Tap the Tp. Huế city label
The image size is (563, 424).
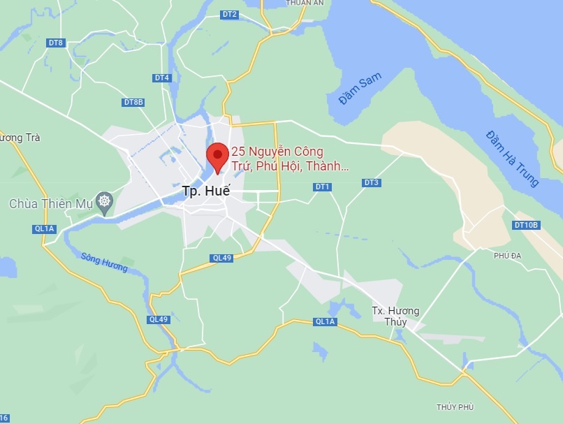(205, 191)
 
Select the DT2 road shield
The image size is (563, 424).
(229, 15)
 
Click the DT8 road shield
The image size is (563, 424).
(56, 43)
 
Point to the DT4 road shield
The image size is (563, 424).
(162, 78)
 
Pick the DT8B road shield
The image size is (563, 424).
(133, 102)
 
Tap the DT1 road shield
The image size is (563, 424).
(322, 187)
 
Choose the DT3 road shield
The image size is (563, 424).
(372, 183)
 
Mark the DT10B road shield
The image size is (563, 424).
(526, 225)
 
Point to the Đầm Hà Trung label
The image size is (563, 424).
(513, 159)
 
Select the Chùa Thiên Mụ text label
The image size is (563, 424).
(50, 204)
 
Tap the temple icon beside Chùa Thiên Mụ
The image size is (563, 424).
(105, 203)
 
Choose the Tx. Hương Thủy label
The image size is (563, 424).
(395, 316)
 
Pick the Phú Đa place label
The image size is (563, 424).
(508, 256)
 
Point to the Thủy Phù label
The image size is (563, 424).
(455, 407)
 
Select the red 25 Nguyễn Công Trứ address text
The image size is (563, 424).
(289, 159)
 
